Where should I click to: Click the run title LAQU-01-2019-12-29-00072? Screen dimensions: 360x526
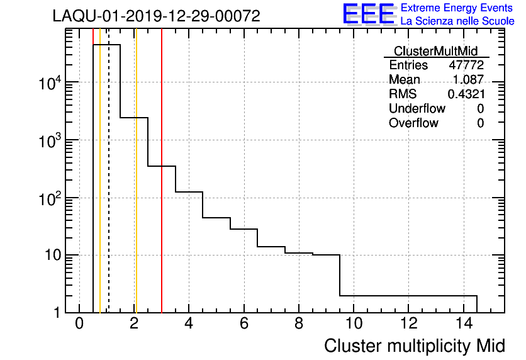[x=156, y=16]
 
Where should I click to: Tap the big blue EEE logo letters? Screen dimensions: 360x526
[x=369, y=14]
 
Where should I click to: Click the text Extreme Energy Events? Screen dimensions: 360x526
[x=457, y=8]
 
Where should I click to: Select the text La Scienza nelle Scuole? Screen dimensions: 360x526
[x=457, y=21]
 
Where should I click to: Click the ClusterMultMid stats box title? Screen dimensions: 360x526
[x=435, y=51]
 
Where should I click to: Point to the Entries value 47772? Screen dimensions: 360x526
[x=466, y=65]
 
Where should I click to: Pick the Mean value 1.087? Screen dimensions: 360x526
[x=468, y=80]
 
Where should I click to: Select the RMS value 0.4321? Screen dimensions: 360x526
[x=466, y=94]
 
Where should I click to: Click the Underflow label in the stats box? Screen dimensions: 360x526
[x=417, y=108]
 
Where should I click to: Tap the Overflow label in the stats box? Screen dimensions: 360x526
[x=413, y=123]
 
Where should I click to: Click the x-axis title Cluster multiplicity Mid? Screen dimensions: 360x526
[x=414, y=346]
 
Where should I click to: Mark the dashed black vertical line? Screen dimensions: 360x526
[x=109, y=189]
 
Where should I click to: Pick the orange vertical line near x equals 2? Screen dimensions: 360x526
[x=135, y=189]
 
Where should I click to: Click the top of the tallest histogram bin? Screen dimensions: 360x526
[x=106, y=45]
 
